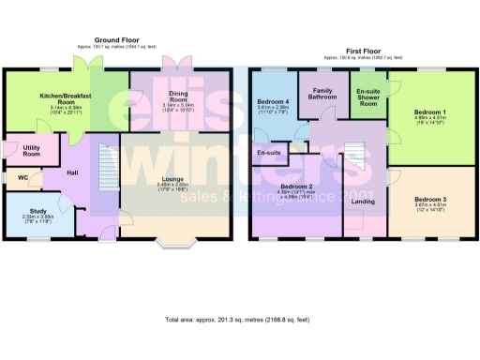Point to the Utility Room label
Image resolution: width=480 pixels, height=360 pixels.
18,150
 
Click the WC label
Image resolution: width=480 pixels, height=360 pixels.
22,176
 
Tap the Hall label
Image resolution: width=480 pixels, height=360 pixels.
72,172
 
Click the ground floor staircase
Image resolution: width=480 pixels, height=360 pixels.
105,174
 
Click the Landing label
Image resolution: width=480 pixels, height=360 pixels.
364,200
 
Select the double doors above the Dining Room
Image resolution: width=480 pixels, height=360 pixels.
173,65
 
